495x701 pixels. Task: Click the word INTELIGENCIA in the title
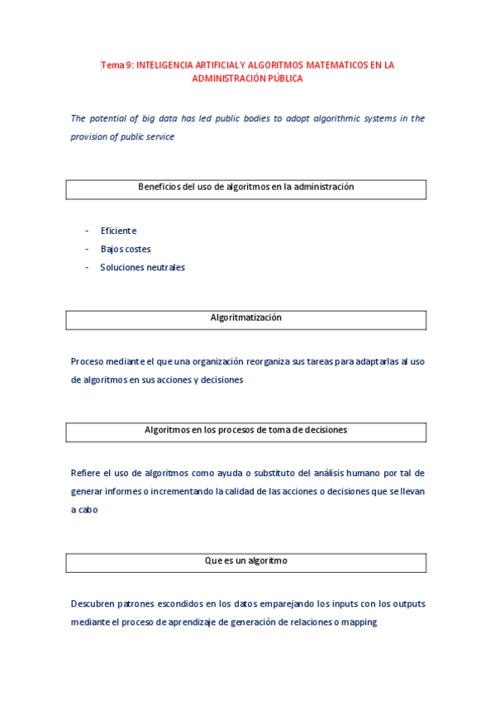[x=164, y=64]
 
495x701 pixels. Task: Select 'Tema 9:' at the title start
[x=117, y=64]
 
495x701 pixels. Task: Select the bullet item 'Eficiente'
[x=118, y=231]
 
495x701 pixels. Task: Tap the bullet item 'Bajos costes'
[x=126, y=249]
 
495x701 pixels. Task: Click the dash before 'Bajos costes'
[x=87, y=249]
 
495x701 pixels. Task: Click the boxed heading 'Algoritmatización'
[x=246, y=318]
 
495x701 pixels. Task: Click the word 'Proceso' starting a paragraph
[x=88, y=361]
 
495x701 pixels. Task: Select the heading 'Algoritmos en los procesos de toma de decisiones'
[x=246, y=431]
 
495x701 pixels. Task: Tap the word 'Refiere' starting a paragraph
[x=86, y=473]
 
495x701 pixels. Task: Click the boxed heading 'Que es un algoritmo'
[x=246, y=561]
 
